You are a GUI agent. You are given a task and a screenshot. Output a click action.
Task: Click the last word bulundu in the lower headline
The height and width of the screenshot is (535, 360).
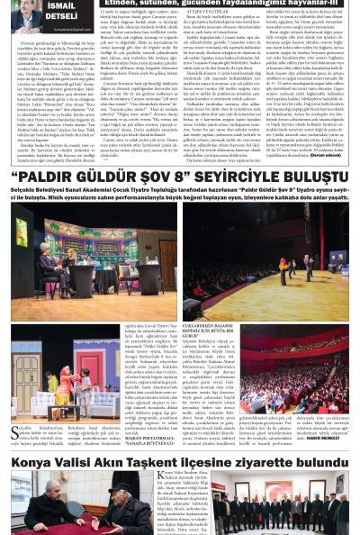click(327, 462)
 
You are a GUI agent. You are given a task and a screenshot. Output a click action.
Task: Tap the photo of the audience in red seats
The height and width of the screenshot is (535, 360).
click(296, 358)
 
